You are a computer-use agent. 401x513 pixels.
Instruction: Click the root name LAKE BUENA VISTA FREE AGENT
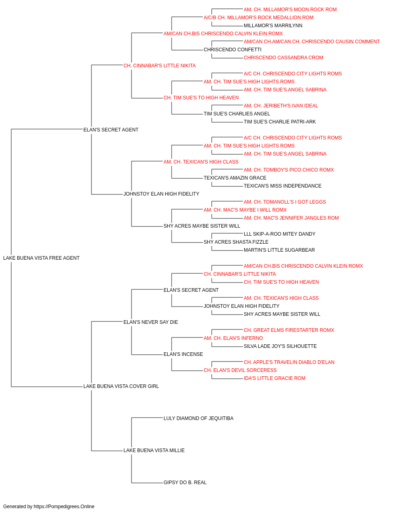click(41, 258)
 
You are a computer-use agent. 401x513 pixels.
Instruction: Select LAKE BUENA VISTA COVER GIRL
click(121, 386)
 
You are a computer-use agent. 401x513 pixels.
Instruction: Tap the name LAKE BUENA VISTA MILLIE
click(154, 450)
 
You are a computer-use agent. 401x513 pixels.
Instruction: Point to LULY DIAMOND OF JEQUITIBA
click(198, 418)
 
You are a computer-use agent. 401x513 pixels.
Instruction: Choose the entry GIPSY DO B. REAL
click(185, 483)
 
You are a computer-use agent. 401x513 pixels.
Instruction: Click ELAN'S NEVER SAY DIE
click(151, 322)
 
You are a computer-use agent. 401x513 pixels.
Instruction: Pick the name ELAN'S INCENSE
click(183, 354)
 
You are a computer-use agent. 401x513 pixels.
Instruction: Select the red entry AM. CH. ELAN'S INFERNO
click(233, 338)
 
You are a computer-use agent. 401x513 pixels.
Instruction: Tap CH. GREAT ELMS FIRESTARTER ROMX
click(289, 330)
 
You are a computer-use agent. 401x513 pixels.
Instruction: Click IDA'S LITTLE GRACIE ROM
click(274, 378)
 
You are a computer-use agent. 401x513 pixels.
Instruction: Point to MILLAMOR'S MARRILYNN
click(273, 26)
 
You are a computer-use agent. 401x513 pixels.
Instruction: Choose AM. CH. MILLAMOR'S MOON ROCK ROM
click(290, 10)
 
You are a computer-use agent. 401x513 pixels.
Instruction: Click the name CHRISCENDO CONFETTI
click(233, 50)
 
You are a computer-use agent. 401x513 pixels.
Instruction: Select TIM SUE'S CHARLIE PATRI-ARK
click(279, 122)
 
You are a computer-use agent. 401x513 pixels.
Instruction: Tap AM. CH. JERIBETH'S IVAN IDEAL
click(281, 106)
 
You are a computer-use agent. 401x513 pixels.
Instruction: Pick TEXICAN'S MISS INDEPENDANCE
click(282, 186)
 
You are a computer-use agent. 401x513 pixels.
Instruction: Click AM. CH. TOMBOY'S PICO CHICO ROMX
click(289, 170)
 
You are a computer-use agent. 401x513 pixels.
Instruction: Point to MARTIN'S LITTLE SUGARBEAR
click(279, 250)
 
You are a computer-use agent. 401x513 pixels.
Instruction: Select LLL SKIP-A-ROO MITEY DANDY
click(279, 234)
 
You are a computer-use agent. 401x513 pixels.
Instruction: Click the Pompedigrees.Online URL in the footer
click(64, 507)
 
